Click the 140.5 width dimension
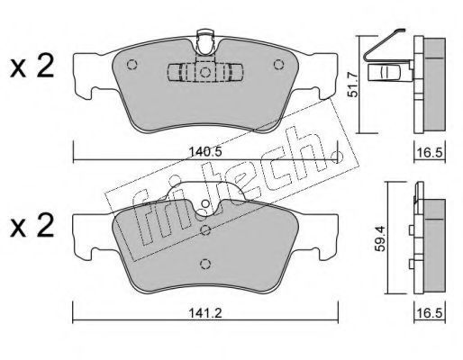tap(205, 152)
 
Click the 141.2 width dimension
tap(205, 313)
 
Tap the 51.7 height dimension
tap(353, 85)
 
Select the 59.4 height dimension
tap(380, 238)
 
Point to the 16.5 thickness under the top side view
tap(430, 152)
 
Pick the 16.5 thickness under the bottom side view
tap(430, 313)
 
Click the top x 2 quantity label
tap(32, 67)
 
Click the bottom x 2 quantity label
tap(32, 226)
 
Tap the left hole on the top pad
tap(132, 65)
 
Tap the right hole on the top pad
tap(278, 65)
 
